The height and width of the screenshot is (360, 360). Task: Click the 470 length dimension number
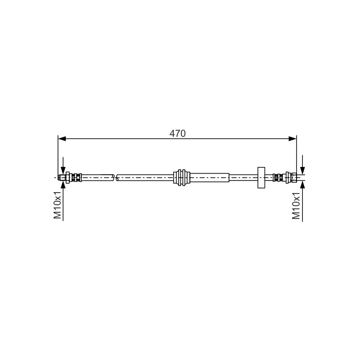click(177, 133)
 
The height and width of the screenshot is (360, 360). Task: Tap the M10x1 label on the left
click(58, 205)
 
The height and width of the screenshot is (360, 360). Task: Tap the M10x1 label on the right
click(296, 206)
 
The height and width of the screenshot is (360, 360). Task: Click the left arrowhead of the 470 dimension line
click(62, 139)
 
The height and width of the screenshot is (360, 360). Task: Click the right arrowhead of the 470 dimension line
click(292, 139)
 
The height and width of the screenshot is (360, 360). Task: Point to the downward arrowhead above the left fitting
click(63, 171)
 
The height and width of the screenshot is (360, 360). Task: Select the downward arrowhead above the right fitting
click(302, 170)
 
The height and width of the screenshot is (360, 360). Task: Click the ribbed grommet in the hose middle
click(182, 178)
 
